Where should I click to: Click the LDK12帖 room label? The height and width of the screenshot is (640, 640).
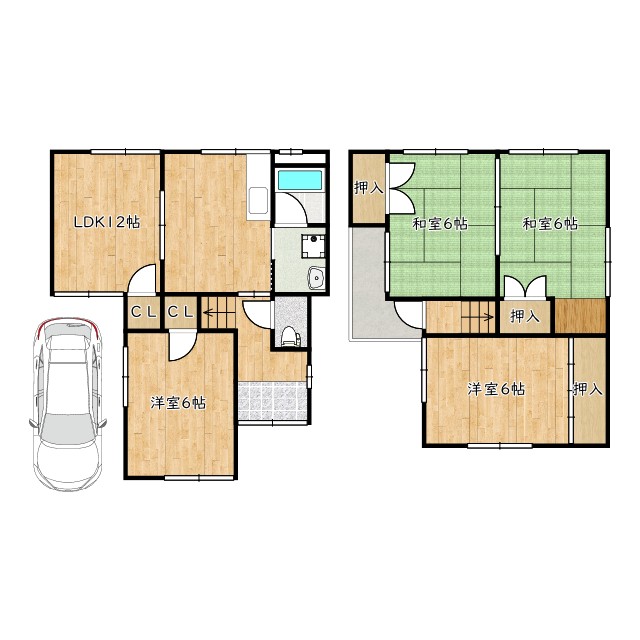107,222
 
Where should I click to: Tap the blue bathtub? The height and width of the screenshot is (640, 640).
300,180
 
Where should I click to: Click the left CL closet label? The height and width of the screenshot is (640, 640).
144,313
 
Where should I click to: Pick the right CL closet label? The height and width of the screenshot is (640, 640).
181,313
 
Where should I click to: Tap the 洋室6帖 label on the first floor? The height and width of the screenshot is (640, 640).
178,403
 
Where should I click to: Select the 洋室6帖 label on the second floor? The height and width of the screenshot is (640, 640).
496,389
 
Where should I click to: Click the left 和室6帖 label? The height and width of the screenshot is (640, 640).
440,224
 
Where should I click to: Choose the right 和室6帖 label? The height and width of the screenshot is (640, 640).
551,224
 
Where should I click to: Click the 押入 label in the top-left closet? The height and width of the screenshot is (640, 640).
369,188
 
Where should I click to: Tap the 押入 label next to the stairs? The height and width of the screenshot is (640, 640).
525,316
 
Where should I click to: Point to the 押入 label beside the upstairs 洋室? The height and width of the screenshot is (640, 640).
588,389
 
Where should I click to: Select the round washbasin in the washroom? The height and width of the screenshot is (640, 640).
317,278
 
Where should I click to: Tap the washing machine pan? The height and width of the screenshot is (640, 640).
313,246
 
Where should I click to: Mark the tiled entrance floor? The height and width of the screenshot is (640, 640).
272,400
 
